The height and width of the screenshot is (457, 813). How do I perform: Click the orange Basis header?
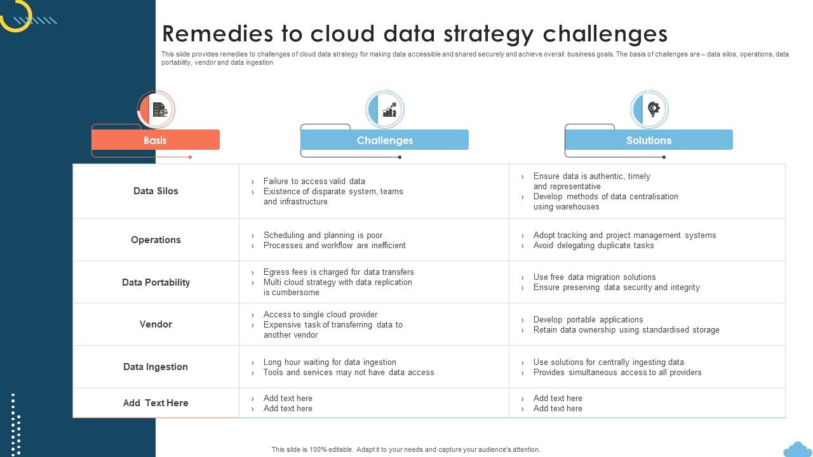pos(156,140)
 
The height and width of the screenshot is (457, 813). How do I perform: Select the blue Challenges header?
pos(384,140)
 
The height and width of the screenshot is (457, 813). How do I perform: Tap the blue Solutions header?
pos(648,140)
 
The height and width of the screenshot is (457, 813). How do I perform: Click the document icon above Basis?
pos(159,110)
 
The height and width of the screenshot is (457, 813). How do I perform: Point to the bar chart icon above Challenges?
pos(389,110)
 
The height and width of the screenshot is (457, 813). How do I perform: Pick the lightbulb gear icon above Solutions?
pos(654,109)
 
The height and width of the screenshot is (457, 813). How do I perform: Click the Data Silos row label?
pos(156,191)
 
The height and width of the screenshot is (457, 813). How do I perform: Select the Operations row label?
pos(156,240)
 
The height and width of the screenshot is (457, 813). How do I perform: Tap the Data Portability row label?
pos(156,282)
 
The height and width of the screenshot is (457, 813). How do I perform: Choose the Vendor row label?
pos(156,324)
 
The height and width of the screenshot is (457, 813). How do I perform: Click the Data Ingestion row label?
pos(156,367)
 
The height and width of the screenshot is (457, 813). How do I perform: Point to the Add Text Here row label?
pos(156,403)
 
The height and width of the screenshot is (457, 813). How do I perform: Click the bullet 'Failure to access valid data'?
pos(314,181)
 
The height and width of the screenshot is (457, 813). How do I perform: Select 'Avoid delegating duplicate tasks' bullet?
pos(593,245)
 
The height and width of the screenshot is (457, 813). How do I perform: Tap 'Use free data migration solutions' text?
pos(595,277)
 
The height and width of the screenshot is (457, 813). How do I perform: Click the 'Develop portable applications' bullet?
pos(588,319)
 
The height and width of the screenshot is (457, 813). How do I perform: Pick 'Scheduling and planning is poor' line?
pos(323,235)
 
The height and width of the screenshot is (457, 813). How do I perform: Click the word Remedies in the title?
pos(217,34)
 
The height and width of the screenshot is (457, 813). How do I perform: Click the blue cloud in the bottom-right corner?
pos(798,450)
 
